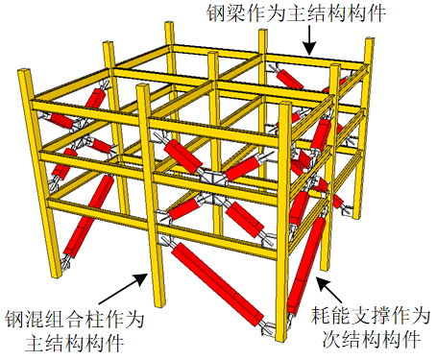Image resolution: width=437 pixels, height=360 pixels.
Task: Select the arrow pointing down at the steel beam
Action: [309, 40]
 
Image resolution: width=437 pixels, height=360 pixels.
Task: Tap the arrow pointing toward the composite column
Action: [123, 289]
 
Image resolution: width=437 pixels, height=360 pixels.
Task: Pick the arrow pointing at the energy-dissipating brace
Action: [332, 290]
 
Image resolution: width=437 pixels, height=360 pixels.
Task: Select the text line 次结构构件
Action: [372, 339]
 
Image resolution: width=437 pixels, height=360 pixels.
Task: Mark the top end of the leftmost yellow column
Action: [24, 71]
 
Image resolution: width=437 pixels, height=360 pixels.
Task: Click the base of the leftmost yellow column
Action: [57, 276]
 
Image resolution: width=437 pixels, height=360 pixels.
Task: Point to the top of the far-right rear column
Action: [370, 39]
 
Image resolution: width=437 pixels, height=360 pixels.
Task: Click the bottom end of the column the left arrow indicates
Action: [159, 303]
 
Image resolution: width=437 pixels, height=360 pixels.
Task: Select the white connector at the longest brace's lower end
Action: [267, 327]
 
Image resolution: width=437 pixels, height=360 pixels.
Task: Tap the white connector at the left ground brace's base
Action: [64, 263]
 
